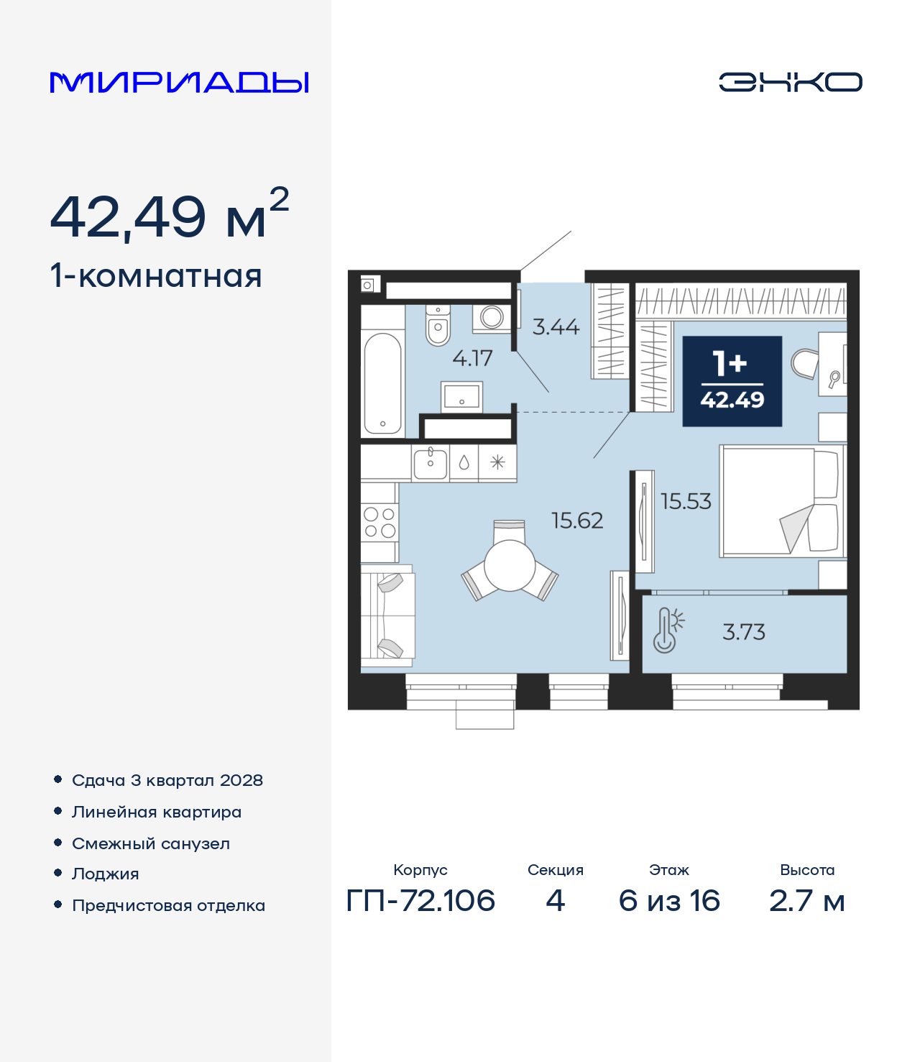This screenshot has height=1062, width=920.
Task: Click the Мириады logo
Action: [x=179, y=82]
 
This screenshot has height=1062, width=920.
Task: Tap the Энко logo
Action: [x=790, y=82]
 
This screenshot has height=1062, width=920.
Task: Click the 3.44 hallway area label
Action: [x=556, y=326]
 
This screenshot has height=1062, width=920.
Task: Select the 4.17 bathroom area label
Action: [x=472, y=358]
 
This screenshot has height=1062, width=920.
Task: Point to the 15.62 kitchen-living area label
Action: [x=577, y=521]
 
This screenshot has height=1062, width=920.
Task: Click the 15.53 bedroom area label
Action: [x=686, y=501]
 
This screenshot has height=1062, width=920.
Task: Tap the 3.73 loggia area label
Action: [x=744, y=632]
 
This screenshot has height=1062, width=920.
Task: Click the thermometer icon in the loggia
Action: [x=668, y=631]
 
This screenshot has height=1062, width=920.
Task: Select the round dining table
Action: [x=510, y=565]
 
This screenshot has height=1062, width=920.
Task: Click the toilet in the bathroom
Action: [x=438, y=325]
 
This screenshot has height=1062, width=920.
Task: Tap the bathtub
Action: [x=382, y=383]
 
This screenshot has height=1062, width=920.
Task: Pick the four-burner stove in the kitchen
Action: [x=379, y=522]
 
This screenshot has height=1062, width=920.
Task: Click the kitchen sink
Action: [x=431, y=463]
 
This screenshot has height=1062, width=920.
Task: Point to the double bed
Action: [x=781, y=501]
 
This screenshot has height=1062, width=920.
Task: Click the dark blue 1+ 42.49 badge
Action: [x=732, y=381]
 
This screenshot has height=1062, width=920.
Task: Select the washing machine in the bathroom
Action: [x=492, y=317]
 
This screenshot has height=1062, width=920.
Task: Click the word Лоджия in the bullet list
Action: [x=106, y=874]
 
